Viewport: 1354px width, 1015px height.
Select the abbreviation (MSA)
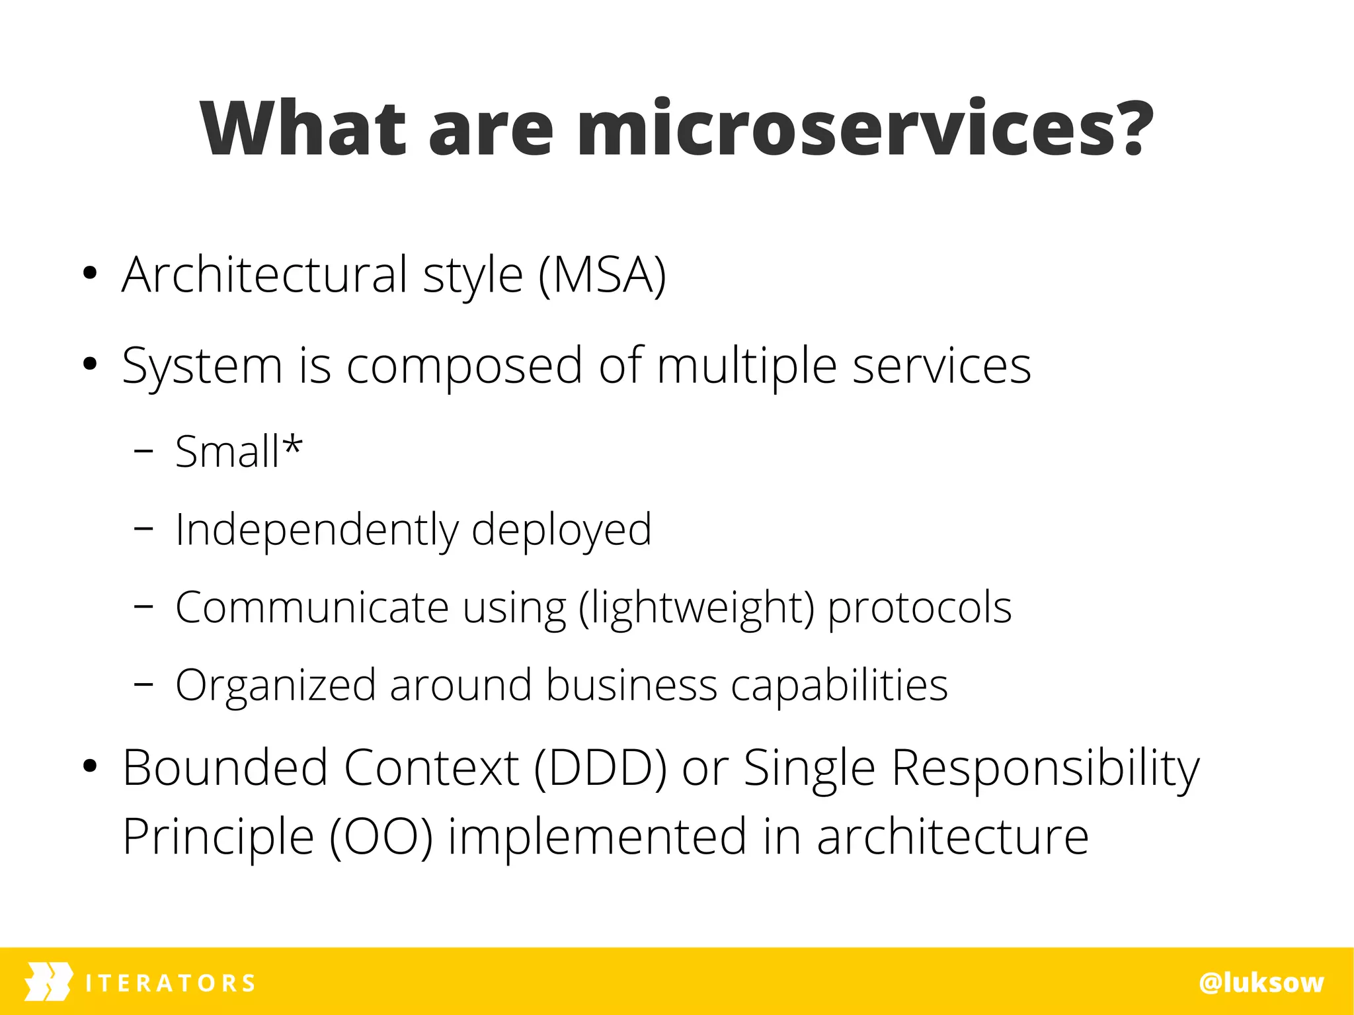[602, 275]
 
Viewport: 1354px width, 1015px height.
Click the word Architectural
[264, 275]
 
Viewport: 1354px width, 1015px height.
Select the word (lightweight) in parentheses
[696, 608]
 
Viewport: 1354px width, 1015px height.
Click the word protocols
[919, 608]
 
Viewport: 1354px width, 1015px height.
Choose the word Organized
[275, 685]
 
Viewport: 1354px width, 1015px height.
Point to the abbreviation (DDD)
[600, 768]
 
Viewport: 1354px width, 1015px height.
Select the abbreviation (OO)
[381, 837]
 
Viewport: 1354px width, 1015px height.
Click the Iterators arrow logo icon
[48, 982]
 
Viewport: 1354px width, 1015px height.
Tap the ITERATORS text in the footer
[170, 983]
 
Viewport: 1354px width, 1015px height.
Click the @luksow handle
[1261, 983]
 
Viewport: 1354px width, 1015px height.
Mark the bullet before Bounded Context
[91, 767]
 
